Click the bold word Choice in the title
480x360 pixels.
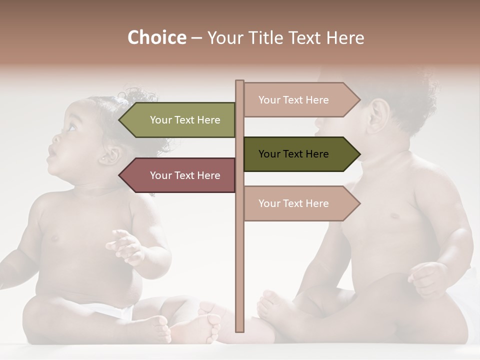(156, 37)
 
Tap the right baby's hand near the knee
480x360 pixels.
(427, 277)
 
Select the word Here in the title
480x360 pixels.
(345, 37)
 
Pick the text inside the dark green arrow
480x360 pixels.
(293, 154)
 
